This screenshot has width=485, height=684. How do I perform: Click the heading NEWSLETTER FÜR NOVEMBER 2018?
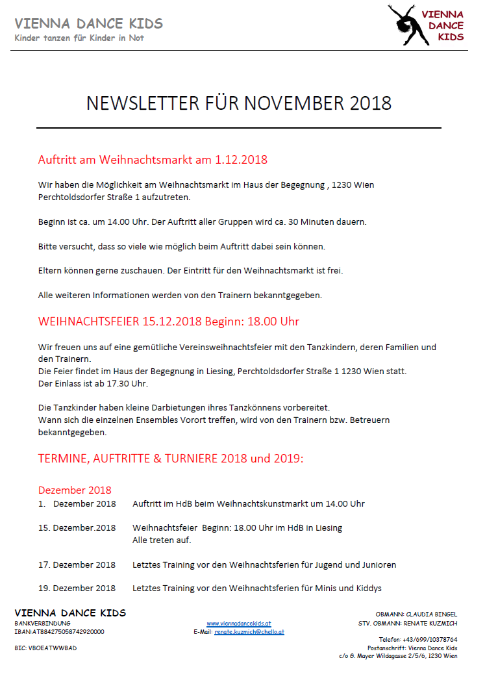239,103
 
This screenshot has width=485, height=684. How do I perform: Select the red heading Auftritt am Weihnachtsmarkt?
153,160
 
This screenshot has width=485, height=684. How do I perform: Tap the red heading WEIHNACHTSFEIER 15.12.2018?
168,322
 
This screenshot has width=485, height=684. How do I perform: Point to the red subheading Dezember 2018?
75,490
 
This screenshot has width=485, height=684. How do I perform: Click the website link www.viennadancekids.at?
239,624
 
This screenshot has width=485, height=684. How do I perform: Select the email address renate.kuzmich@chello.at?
249,631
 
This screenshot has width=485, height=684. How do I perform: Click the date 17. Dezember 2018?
77,564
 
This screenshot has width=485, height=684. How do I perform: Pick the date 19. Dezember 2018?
77,589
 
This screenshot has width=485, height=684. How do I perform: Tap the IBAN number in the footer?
59,631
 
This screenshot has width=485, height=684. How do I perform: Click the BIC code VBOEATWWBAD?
45,648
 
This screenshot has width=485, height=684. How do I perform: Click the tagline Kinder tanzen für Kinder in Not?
79,38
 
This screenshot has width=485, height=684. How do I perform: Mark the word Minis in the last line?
314,589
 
